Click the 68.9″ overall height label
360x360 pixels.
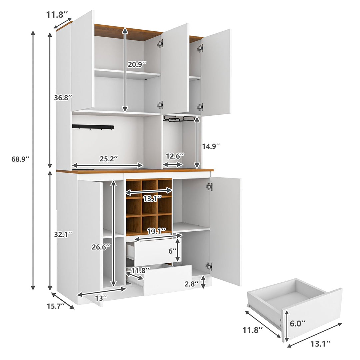point(21,159)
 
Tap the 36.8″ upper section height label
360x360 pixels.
point(63,98)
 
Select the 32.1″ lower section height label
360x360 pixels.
point(63,234)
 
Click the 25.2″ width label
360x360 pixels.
point(108,159)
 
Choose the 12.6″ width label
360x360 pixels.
point(175,156)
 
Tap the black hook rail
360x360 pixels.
point(93,127)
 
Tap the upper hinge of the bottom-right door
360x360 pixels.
point(209,187)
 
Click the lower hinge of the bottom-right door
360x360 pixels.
point(209,266)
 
